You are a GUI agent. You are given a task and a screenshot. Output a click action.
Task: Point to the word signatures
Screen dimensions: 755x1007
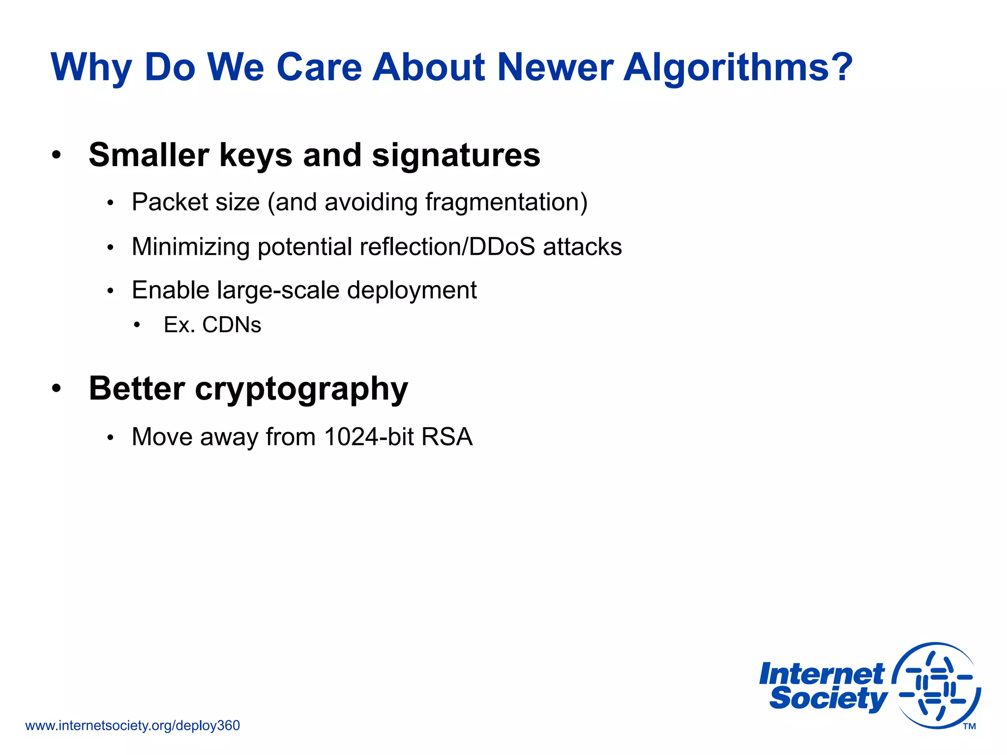456,155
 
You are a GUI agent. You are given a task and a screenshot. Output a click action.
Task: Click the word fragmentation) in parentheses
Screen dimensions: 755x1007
506,202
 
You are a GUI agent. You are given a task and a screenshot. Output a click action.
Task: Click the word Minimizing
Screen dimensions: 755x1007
190,246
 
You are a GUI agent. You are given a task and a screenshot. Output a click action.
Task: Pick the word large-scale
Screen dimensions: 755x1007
278,290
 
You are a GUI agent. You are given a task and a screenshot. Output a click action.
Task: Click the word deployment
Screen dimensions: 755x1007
412,290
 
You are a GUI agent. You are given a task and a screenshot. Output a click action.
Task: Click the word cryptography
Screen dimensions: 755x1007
301,389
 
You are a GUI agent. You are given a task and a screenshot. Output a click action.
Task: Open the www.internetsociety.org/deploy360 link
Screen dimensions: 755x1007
132,726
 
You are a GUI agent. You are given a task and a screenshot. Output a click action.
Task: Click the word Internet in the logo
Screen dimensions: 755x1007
821,674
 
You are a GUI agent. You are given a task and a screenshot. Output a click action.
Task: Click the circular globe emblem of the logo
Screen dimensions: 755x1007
936,686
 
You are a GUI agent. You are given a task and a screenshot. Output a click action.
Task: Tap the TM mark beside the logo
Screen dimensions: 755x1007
969,726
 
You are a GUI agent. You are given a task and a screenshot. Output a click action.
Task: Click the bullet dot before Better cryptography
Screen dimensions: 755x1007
57,388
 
